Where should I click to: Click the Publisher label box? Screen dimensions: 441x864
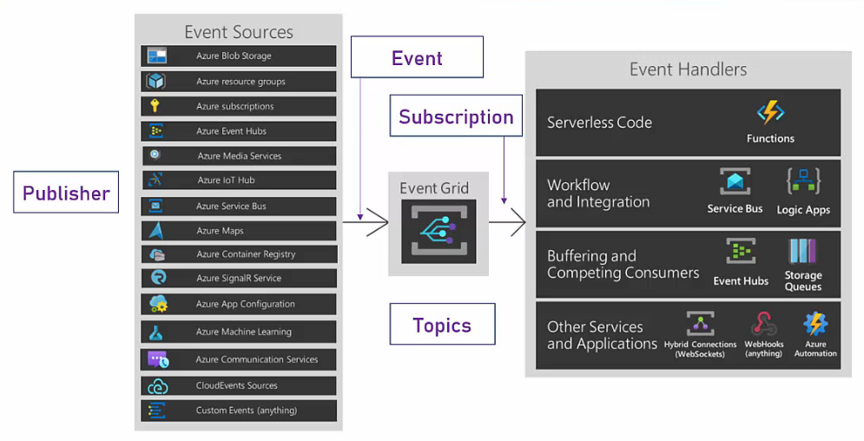66,193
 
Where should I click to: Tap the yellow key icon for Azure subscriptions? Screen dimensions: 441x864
155,106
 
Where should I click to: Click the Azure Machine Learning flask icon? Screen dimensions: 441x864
156,332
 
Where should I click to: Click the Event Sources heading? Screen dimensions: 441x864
239,32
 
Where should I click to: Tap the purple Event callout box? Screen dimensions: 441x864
417,58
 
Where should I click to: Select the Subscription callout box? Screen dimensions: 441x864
456,117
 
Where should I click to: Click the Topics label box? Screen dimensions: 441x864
442,326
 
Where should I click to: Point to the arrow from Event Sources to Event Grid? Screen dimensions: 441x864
366,222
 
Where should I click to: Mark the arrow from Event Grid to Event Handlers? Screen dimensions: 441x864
508,222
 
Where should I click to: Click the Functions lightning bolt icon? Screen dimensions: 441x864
770,113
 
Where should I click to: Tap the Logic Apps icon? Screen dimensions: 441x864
803,182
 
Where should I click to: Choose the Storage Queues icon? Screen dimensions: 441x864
803,252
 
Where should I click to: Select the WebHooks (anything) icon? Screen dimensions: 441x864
763,325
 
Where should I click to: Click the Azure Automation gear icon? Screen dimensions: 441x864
815,324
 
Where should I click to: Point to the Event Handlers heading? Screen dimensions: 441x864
688,69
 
